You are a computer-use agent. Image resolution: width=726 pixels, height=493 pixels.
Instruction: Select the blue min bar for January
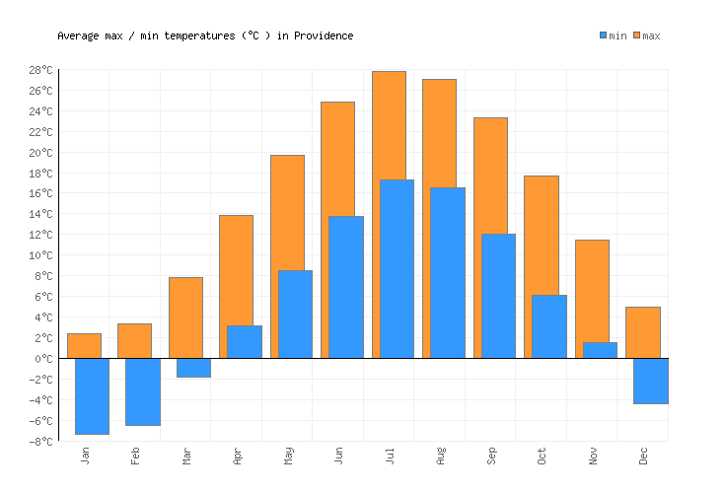pyautogui.click(x=92, y=395)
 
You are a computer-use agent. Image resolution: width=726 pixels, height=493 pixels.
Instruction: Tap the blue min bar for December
pyautogui.click(x=650, y=381)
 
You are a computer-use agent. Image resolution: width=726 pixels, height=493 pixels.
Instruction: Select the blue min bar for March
pyautogui.click(x=193, y=368)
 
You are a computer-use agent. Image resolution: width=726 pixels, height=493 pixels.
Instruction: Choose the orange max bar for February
pyautogui.click(x=134, y=340)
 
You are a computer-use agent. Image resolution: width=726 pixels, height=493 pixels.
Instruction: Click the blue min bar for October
pyautogui.click(x=548, y=326)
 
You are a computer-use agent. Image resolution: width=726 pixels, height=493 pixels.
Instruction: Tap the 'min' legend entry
pyautogui.click(x=613, y=35)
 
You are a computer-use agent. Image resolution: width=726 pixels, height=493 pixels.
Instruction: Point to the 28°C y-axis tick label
pyautogui.click(x=42, y=70)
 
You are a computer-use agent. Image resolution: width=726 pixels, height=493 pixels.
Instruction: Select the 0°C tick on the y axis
pyautogui.click(x=45, y=358)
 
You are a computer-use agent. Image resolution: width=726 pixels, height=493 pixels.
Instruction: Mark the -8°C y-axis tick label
pyautogui.click(x=42, y=441)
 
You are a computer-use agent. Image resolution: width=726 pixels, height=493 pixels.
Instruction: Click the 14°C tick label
pyautogui.click(x=42, y=214)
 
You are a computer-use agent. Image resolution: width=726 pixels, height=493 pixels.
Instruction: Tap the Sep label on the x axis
pyautogui.click(x=490, y=456)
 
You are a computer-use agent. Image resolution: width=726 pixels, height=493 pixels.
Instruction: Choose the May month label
pyautogui.click(x=288, y=456)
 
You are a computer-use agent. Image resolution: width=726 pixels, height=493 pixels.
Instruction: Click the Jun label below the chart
pyautogui.click(x=338, y=456)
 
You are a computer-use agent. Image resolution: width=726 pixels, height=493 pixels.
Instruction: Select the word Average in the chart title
pyautogui.click(x=78, y=35)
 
